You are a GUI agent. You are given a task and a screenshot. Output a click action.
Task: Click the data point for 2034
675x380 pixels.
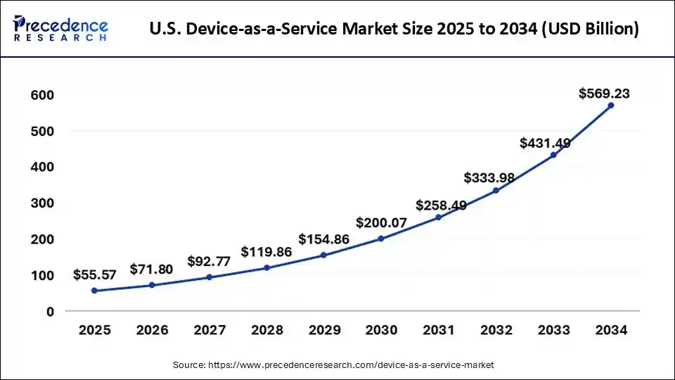(610, 106)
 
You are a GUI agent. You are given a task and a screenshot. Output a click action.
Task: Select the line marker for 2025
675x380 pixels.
(94, 291)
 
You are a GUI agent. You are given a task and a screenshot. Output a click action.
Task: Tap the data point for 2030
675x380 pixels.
(381, 239)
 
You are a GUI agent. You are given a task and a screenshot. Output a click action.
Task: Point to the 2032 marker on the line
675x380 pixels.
(496, 191)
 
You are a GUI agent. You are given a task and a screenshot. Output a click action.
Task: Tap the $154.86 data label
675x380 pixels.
(323, 239)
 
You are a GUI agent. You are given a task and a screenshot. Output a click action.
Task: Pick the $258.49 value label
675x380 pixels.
(438, 205)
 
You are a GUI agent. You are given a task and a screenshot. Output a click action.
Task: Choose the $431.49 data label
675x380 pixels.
(545, 143)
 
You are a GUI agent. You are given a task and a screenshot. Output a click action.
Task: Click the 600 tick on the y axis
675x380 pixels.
(41, 95)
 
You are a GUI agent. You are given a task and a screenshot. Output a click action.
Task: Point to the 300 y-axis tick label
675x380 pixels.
(41, 203)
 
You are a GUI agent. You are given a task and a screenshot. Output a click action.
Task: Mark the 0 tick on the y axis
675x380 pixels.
(50, 312)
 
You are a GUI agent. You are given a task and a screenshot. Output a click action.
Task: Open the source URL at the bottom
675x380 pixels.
(333, 365)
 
